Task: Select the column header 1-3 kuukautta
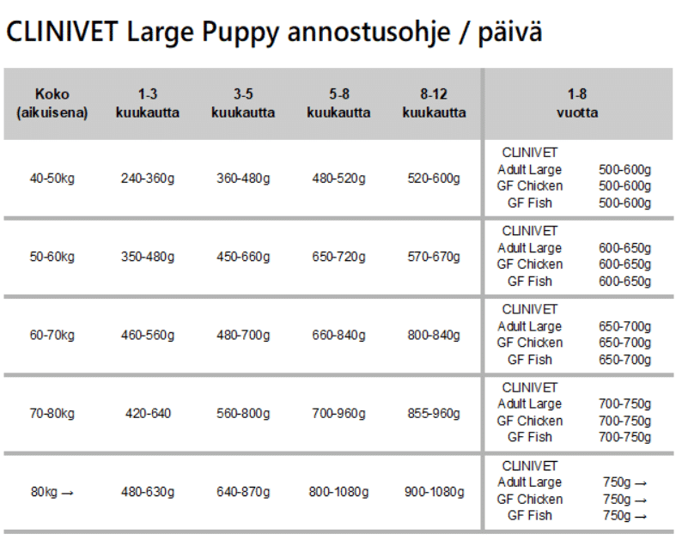pos(148,103)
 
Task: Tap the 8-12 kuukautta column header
pos(434,103)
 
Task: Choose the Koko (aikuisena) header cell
pos(52,103)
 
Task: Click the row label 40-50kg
pos(52,179)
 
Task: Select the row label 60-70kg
pos(52,335)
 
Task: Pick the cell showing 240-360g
pos(148,179)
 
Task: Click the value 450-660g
pos(243,257)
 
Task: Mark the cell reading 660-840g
pos(338,335)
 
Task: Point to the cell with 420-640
pos(148,413)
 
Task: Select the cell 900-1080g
pos(434,492)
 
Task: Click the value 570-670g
pos(434,257)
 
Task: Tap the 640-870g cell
pos(243,492)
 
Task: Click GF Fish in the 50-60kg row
pos(530,281)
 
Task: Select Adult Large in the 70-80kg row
pos(530,403)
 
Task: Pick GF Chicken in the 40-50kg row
pos(530,186)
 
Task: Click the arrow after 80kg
pos(68,492)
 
